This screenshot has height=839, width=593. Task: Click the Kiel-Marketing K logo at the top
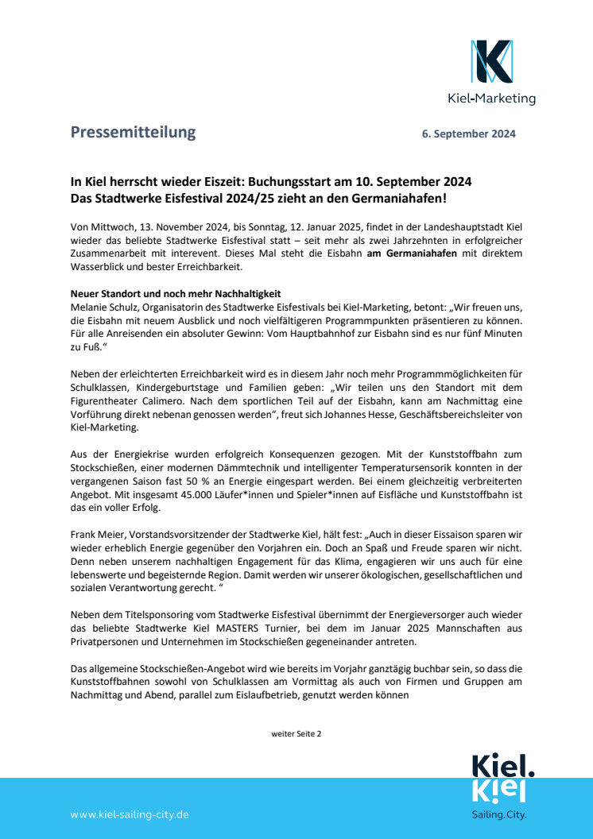[491, 62]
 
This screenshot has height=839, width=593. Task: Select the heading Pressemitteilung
[133, 133]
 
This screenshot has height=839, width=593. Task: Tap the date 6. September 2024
[468, 134]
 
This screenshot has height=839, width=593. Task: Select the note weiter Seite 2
[296, 733]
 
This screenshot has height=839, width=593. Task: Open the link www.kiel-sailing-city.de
[130, 814]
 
